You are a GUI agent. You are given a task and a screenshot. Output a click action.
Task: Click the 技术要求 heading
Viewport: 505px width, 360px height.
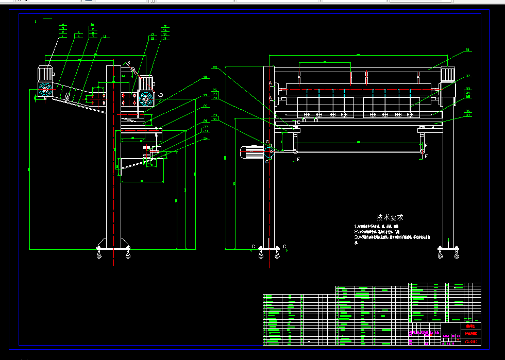390,217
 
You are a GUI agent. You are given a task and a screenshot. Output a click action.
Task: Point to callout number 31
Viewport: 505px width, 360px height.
468,50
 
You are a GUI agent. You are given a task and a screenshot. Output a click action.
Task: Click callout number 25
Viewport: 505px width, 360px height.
215,67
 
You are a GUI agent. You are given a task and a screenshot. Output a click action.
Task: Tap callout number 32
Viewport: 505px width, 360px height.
468,76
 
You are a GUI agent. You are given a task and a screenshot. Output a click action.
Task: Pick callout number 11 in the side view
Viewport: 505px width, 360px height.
105,37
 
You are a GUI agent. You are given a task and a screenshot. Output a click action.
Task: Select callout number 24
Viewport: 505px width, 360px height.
206,139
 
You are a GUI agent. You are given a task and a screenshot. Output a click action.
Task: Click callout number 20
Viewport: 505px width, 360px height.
206,106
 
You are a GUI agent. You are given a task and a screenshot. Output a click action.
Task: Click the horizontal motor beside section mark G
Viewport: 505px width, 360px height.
251,152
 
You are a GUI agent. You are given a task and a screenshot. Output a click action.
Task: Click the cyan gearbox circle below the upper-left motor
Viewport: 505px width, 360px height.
45,89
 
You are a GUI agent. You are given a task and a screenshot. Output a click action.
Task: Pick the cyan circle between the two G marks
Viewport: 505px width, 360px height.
268,151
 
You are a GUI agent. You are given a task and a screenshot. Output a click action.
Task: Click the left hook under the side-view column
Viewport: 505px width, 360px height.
99,252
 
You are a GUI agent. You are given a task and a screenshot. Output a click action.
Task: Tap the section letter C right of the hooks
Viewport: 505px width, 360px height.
284,247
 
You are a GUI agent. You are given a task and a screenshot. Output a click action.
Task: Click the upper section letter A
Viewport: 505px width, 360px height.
270,83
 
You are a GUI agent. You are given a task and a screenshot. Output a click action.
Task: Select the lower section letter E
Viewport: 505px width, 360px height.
298,160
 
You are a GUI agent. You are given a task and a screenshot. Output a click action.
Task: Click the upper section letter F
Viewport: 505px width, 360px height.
426,146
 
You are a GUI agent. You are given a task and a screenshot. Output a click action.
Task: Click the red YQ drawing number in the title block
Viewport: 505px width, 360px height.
470,341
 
